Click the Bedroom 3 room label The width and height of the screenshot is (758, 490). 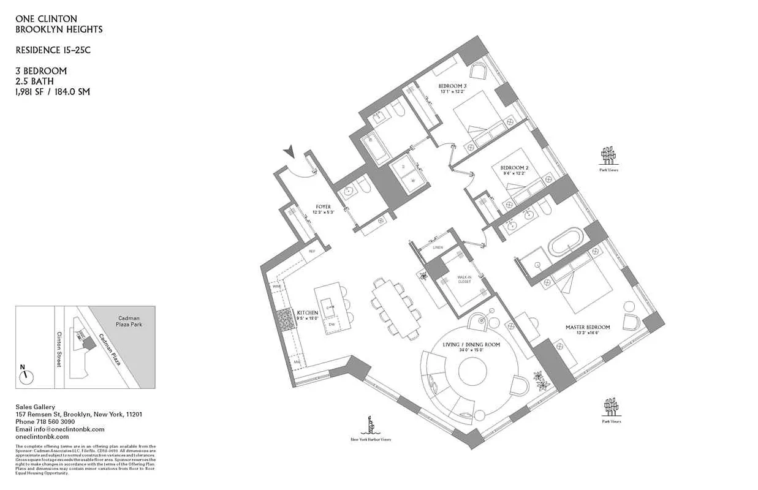click(x=453, y=85)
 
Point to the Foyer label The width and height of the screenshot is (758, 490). click(x=323, y=207)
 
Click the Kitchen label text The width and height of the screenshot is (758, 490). click(x=307, y=312)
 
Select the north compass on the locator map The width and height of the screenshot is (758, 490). click(x=25, y=376)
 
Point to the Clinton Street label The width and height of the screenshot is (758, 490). click(x=60, y=349)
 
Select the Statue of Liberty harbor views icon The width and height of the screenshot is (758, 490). click(x=370, y=425)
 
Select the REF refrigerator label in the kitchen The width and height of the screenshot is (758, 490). click(x=311, y=251)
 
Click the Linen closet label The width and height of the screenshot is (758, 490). click(x=437, y=247)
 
